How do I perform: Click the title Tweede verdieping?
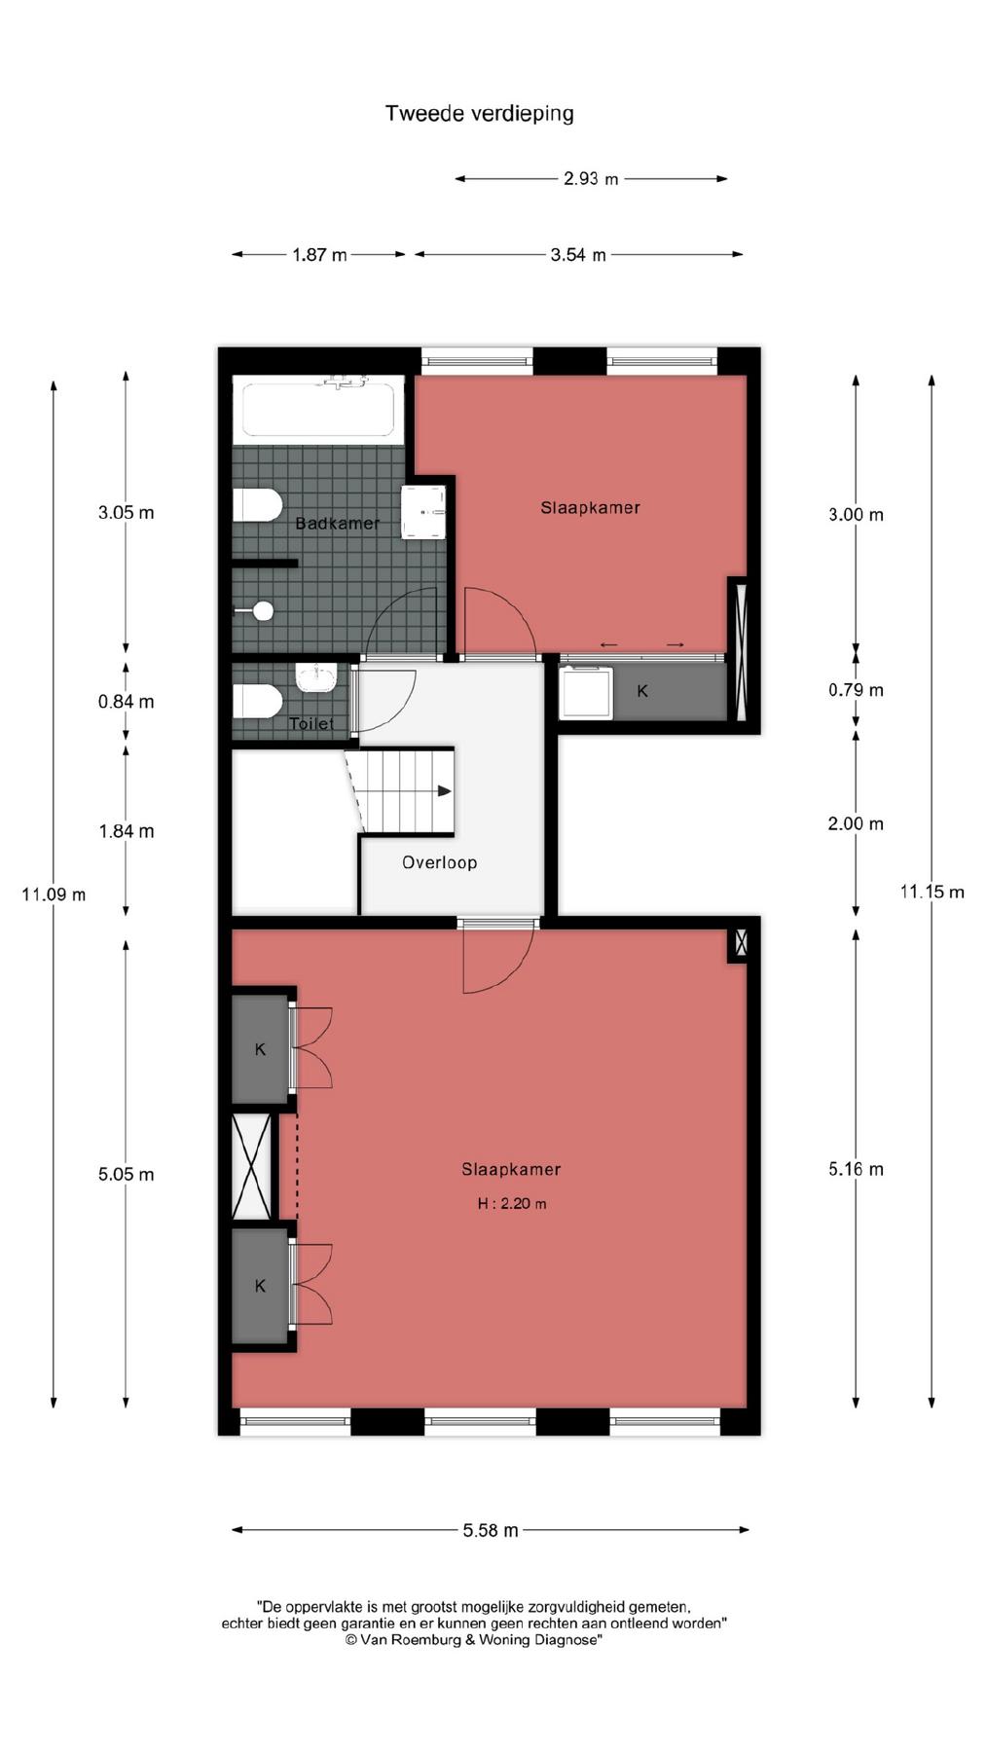coord(479,114)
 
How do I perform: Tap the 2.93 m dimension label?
coord(591,179)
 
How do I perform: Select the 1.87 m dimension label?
coord(319,255)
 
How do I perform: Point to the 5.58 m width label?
coord(491,1530)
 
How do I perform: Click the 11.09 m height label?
coord(54,894)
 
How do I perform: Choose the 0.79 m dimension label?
coord(856,690)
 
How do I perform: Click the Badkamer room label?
coord(337,524)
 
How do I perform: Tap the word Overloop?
coord(440,862)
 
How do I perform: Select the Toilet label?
coord(311,724)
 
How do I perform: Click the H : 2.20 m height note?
coord(512,1204)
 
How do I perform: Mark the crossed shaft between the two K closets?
coord(252,1166)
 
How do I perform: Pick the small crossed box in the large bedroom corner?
coord(741,942)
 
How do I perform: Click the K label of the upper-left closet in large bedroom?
coord(260,1049)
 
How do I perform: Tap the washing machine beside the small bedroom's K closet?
coord(586,691)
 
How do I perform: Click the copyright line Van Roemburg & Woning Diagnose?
coord(474,1640)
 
